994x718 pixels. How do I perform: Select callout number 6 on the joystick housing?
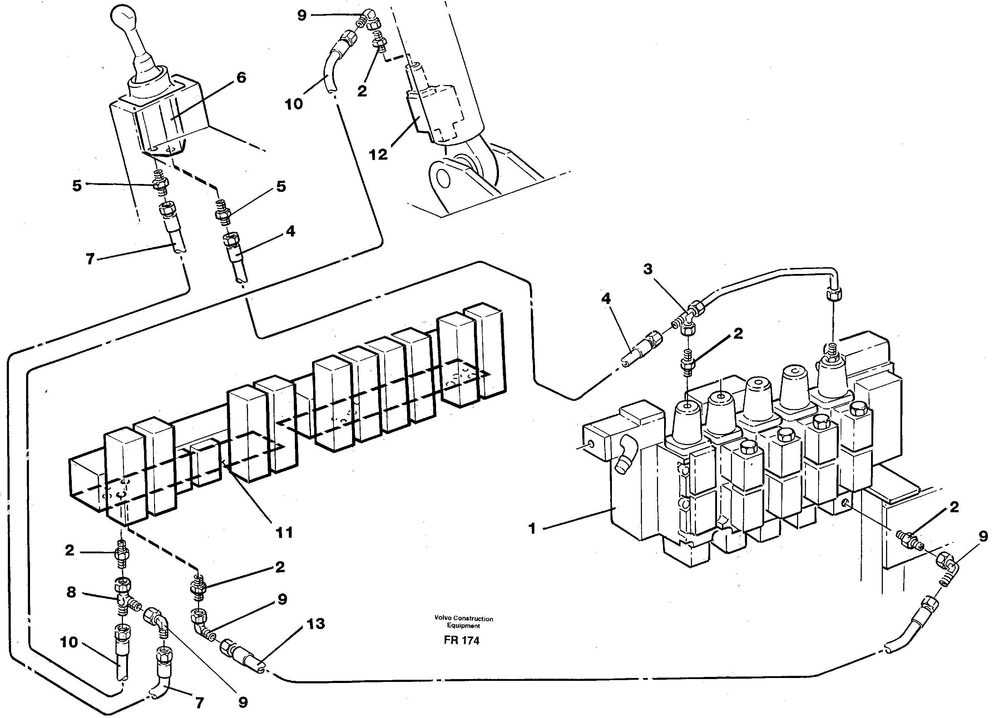[241, 78]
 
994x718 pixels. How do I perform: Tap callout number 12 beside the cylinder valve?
[378, 155]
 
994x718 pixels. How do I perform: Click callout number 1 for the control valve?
[532, 529]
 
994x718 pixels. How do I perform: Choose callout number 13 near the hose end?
[316, 624]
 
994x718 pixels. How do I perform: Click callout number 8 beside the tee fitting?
[71, 592]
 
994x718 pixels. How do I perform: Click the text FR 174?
[461, 640]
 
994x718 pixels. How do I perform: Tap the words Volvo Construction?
[464, 619]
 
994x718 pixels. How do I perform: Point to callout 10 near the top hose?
[294, 104]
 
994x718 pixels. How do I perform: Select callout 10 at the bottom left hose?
[69, 642]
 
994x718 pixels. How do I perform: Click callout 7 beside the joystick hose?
[90, 259]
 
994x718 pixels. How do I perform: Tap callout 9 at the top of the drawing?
[302, 16]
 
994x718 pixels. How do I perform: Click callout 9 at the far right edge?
[983, 536]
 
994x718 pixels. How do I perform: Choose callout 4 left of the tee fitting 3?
[606, 299]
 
